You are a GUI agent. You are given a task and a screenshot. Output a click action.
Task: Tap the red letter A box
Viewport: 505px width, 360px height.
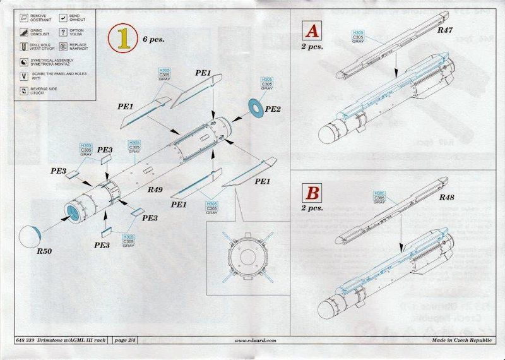click(312, 31)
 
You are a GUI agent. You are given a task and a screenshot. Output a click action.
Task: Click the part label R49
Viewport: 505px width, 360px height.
click(156, 189)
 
